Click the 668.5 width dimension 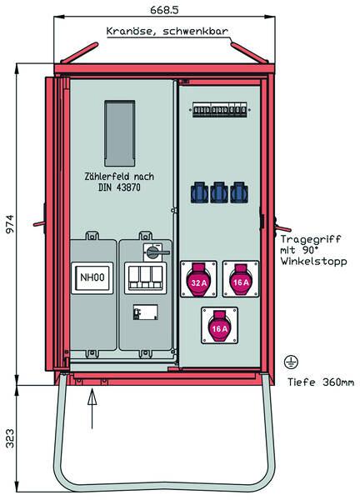(164, 10)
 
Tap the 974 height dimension (10, 224)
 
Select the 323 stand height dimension (10, 438)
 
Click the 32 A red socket (198, 279)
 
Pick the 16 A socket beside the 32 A (241, 279)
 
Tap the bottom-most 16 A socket (220, 326)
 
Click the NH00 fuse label (92, 277)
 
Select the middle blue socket (218, 192)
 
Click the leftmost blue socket (200, 192)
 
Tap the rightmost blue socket (238, 192)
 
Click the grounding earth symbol (291, 362)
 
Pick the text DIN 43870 (119, 187)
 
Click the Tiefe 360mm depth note (321, 382)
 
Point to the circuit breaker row (220, 110)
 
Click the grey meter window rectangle (119, 133)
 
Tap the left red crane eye (79, 52)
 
